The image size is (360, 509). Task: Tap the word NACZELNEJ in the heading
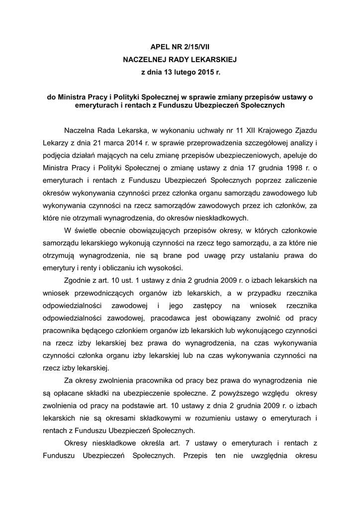[145, 59]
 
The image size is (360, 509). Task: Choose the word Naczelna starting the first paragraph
[81, 130]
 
